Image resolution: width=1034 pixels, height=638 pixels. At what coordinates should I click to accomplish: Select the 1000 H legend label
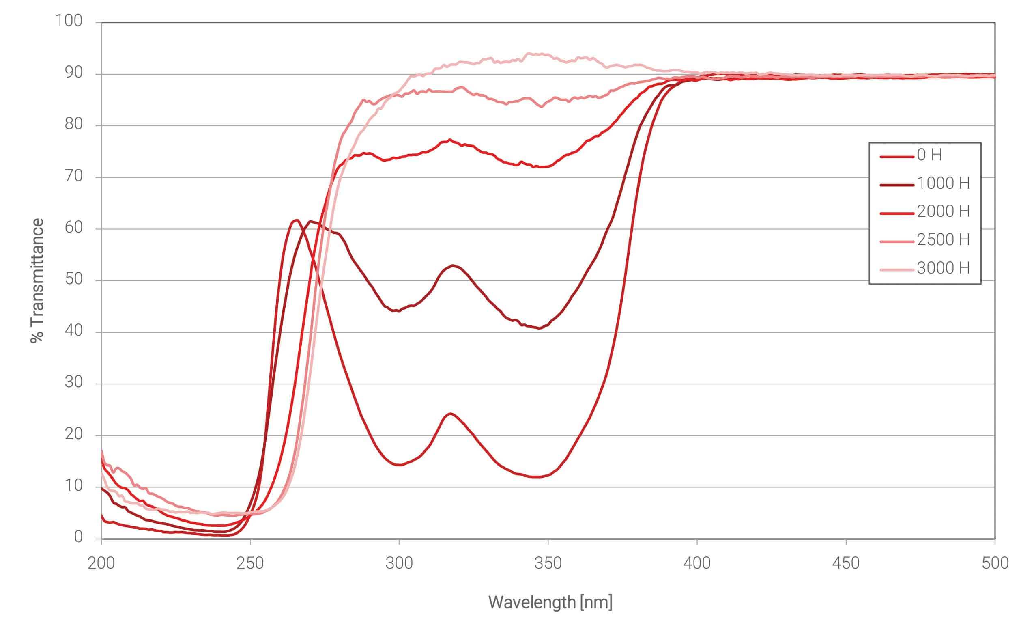coord(943,183)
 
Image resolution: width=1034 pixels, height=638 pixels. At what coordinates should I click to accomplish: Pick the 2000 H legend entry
coord(943,211)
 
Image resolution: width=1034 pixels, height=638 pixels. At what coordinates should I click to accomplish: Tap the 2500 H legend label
coord(943,240)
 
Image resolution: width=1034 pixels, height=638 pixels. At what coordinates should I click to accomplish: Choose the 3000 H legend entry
coord(943,268)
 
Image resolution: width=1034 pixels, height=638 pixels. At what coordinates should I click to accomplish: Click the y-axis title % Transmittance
coord(37,280)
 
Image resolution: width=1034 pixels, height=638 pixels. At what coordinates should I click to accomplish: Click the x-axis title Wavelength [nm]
coord(550,602)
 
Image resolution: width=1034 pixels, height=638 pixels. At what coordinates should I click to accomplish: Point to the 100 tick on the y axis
coord(69,21)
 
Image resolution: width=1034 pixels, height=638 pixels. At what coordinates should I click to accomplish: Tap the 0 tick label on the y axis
coord(78,537)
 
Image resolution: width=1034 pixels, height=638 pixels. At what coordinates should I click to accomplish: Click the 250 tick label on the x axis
coord(250,563)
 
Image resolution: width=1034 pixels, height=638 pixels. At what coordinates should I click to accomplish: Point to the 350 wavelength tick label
coord(548,563)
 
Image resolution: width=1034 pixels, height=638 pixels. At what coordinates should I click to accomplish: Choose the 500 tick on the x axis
coord(995,563)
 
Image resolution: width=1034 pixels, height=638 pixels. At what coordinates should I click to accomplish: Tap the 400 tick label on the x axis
coord(696,563)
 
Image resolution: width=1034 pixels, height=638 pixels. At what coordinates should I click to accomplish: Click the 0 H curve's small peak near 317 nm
coord(450,414)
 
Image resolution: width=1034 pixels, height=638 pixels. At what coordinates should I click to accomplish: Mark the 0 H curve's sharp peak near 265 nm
coord(296,220)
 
